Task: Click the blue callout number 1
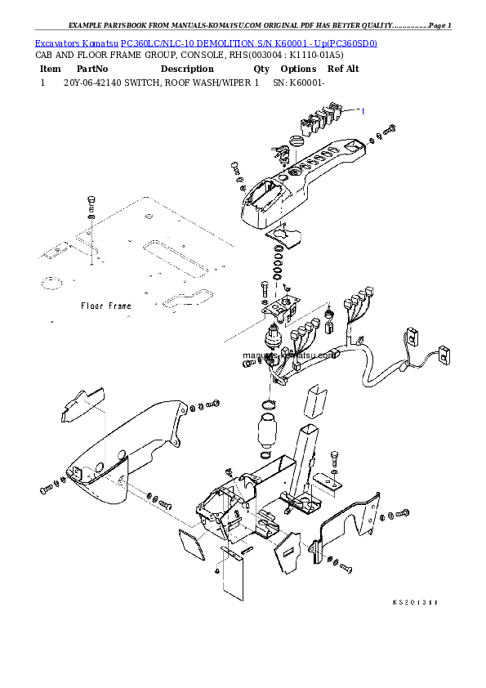pos(363,111)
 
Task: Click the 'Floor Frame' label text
pos(105,306)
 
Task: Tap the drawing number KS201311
pos(415,602)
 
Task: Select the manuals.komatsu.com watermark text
pos(278,355)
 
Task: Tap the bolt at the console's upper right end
pos(390,129)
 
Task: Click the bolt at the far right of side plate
pos(404,515)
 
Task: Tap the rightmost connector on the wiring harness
pos(422,353)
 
